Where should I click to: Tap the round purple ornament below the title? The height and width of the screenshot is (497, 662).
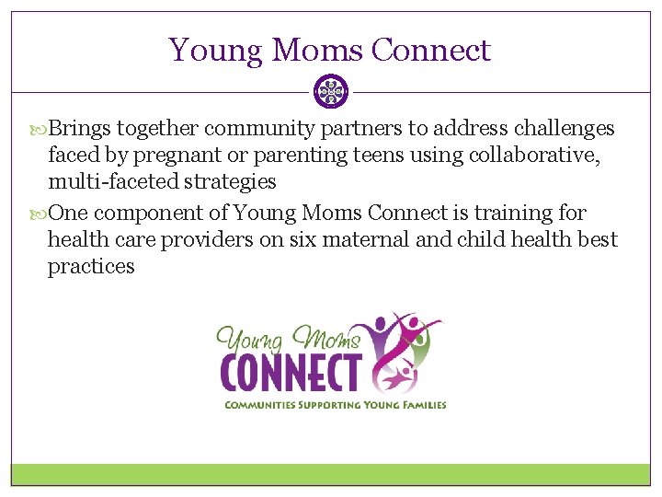click(x=331, y=91)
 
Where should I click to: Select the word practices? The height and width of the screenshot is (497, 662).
click(x=91, y=267)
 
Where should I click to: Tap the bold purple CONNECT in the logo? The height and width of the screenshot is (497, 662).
click(x=290, y=373)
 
